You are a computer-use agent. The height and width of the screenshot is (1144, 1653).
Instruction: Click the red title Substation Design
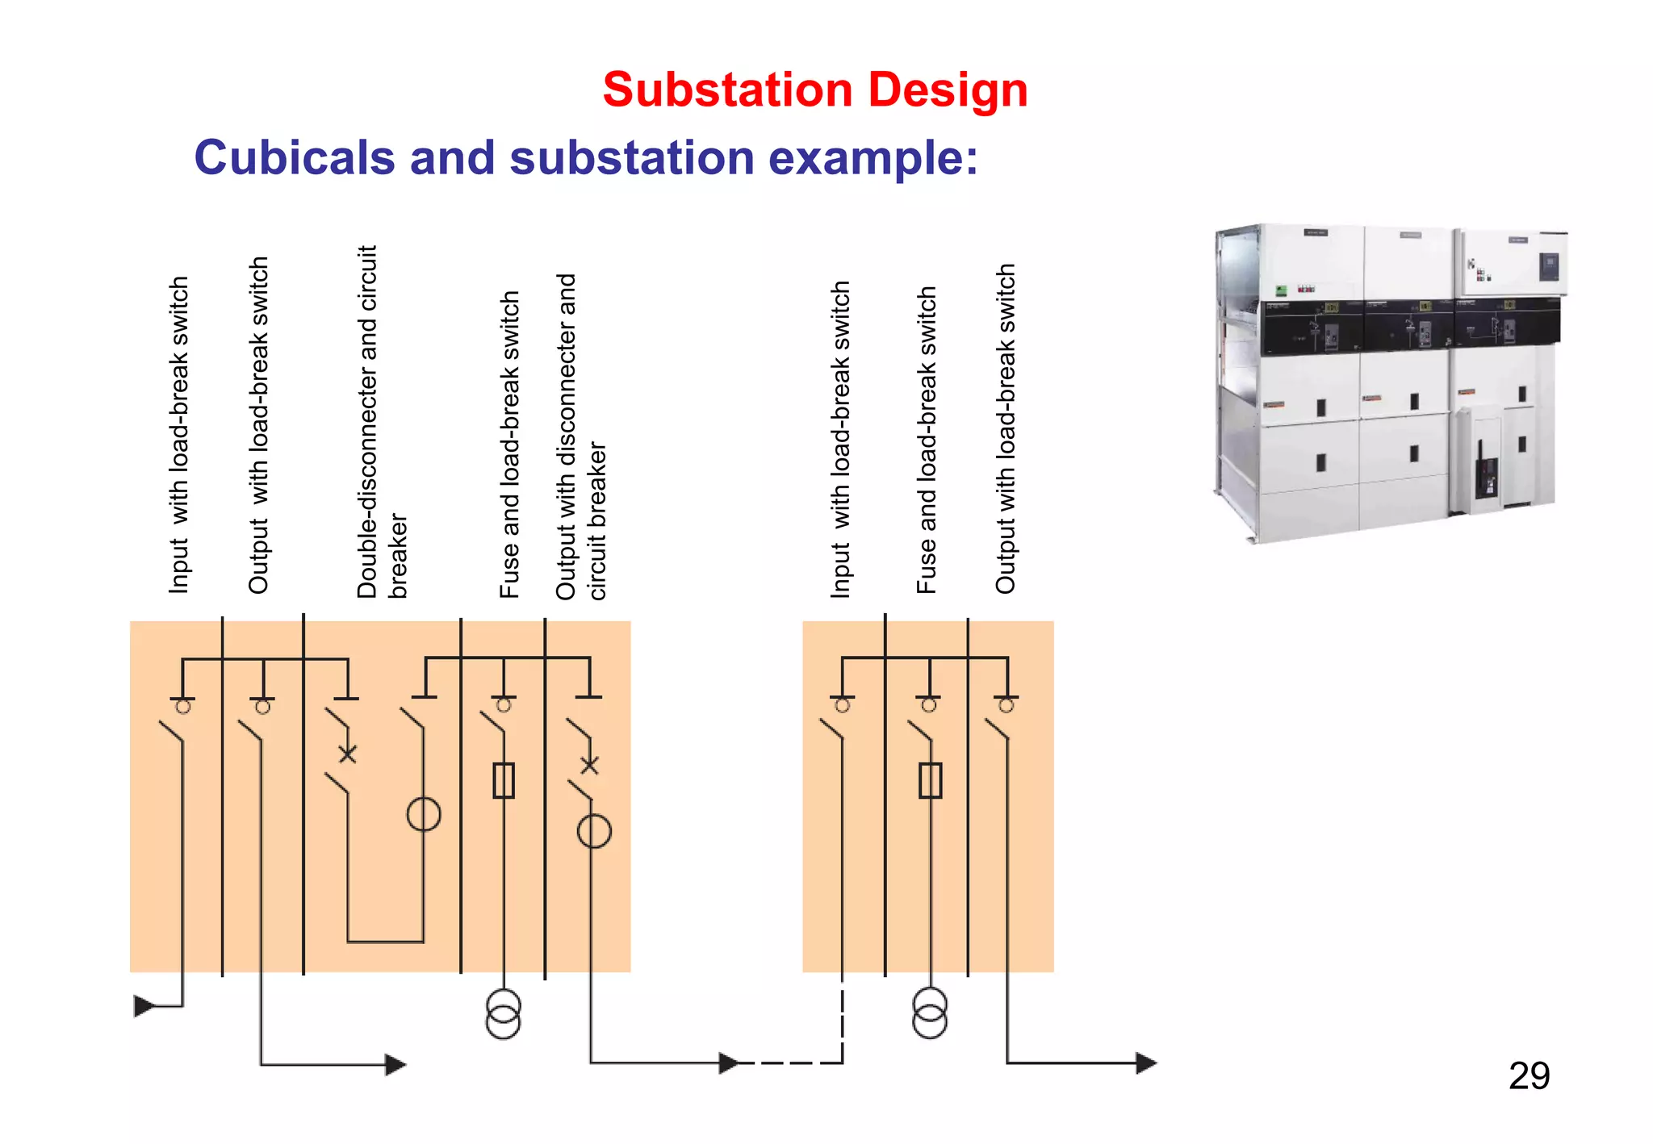814,90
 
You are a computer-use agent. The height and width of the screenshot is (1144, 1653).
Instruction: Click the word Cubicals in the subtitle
294,157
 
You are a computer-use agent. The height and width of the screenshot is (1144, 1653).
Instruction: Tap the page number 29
1528,1075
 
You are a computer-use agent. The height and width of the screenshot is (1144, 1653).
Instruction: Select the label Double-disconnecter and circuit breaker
381,422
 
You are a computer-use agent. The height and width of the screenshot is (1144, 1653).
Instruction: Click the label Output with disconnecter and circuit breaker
580,437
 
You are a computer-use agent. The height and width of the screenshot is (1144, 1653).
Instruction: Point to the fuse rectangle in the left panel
504,780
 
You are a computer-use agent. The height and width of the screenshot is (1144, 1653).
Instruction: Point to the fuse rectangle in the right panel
930,780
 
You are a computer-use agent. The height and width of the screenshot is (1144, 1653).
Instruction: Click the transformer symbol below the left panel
503,1014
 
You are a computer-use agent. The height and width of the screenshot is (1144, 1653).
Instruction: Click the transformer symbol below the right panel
930,1013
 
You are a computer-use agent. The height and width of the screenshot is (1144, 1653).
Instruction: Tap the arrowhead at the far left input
144,1005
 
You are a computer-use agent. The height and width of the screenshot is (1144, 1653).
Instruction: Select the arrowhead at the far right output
1146,1063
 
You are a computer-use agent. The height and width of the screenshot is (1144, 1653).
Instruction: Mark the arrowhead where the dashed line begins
728,1063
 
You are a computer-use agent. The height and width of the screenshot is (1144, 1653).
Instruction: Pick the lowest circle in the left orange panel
594,831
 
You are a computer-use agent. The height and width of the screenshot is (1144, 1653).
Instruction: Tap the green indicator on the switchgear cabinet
1280,290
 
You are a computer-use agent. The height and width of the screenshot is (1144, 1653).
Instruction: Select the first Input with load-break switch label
178,436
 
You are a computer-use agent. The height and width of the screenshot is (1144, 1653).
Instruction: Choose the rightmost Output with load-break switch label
1005,429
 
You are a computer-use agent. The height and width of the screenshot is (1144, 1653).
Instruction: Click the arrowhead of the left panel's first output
395,1064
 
